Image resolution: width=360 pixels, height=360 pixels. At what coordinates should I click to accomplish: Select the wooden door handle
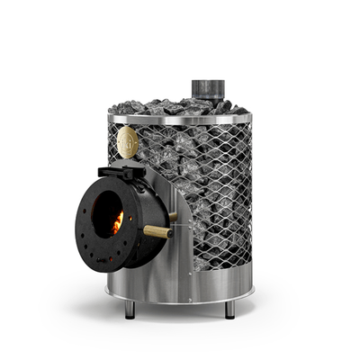click(158, 232)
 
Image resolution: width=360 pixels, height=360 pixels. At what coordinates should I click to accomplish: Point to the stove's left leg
click(130, 309)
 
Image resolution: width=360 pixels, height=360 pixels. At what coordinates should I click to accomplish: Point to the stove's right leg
click(229, 309)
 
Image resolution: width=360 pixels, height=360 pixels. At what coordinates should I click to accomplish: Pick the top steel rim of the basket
click(180, 118)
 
